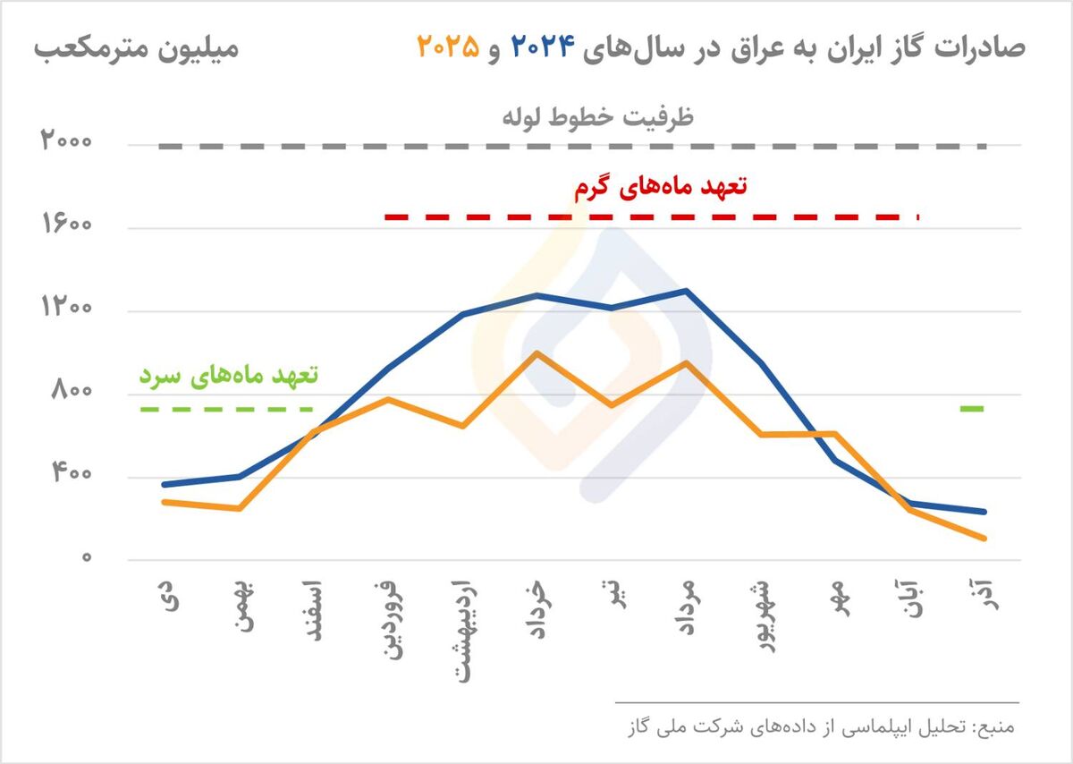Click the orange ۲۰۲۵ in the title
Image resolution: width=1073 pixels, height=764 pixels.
[x=448, y=47]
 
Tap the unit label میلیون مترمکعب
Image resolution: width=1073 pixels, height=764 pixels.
[x=138, y=47]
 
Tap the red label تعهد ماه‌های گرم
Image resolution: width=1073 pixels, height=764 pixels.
[x=659, y=188]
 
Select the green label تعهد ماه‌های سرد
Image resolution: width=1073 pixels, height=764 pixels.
[x=228, y=375]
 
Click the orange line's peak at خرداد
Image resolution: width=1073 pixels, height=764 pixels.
[x=536, y=352]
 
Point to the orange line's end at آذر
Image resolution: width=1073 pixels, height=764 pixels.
[x=984, y=539]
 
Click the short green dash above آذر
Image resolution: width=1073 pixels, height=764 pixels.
[x=972, y=409]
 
